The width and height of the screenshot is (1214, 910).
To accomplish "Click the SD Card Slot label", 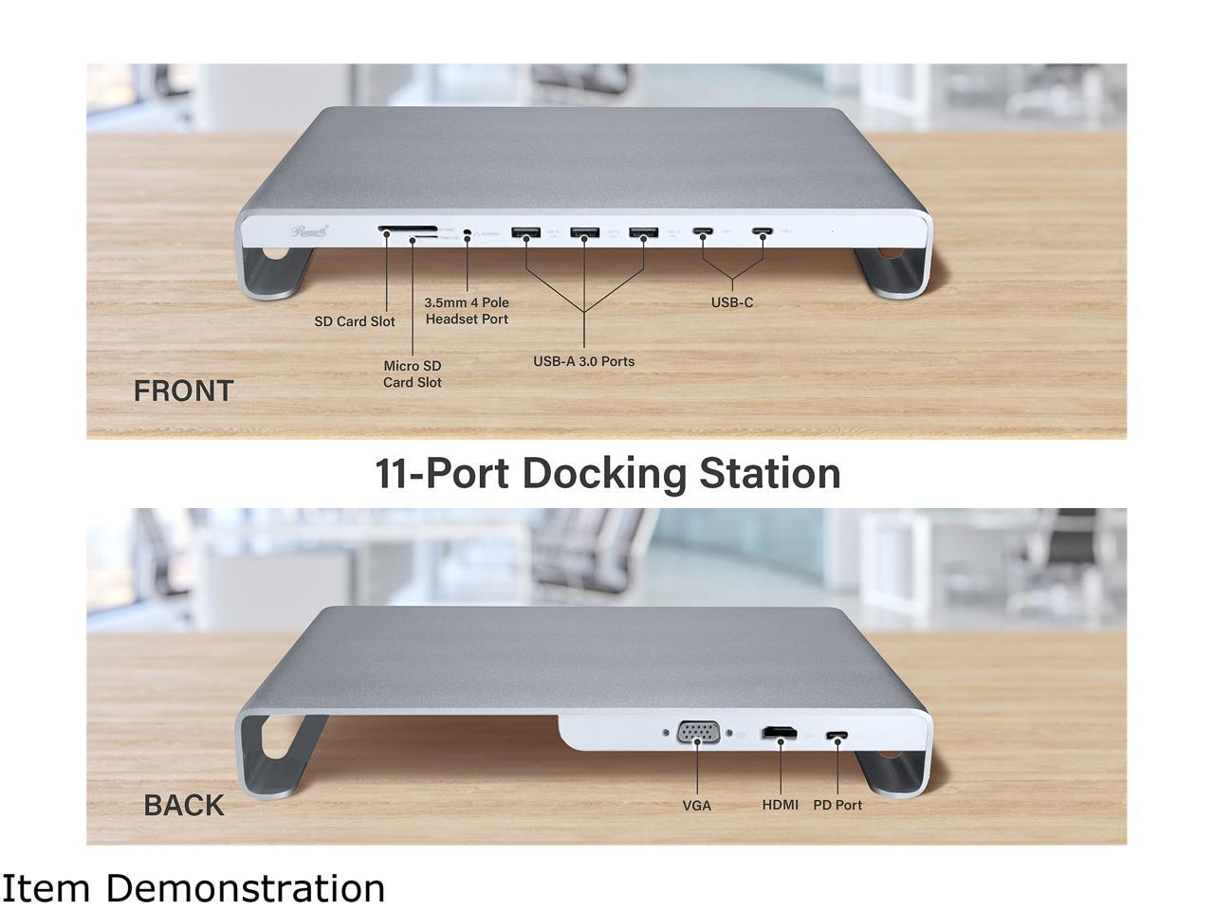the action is (355, 321).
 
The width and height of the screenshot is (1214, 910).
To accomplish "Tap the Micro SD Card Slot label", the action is (412, 373).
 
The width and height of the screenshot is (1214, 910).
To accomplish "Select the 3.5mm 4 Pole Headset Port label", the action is (467, 311).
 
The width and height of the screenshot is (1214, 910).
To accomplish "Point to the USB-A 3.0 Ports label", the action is (583, 361).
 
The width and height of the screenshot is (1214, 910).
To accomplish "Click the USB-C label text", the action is (732, 302).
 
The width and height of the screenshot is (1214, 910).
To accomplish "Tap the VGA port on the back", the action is (698, 735).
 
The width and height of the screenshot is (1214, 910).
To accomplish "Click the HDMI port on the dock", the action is (781, 734).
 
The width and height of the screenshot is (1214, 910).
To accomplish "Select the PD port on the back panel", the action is (837, 736).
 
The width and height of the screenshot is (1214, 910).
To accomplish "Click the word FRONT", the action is (183, 391).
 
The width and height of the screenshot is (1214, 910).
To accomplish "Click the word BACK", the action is (184, 805).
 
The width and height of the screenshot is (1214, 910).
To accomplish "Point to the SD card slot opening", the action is (407, 228).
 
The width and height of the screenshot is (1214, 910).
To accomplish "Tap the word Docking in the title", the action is (605, 473).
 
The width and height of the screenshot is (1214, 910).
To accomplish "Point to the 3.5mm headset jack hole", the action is (468, 232).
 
